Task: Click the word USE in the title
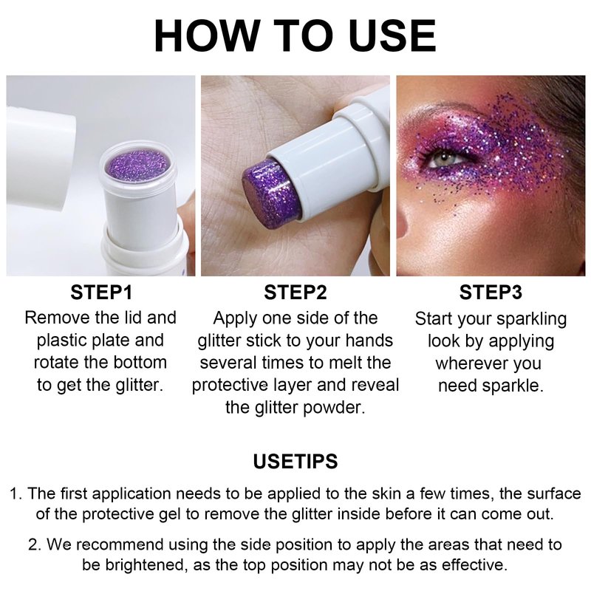point(393,35)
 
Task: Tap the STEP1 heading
point(101,292)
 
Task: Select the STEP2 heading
point(295,292)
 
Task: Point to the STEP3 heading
point(491,292)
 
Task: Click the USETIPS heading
point(295,461)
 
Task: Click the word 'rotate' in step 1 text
point(57,363)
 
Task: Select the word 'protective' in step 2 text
point(230,386)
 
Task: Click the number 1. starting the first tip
point(16,493)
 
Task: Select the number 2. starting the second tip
point(35,544)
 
